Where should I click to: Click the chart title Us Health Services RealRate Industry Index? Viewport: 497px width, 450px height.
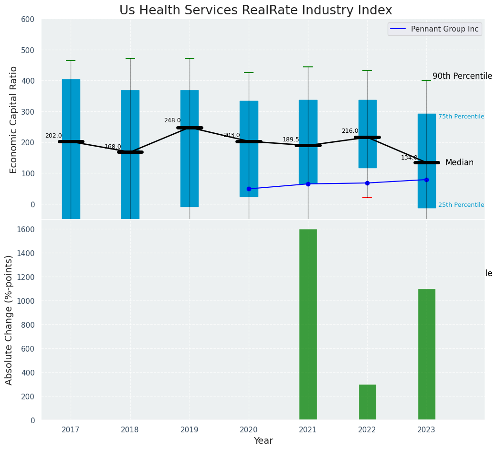coord(255,11)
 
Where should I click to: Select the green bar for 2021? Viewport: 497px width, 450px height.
coord(308,324)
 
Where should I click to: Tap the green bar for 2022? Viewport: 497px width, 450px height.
coord(367,402)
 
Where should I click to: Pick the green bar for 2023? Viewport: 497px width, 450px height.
coord(426,354)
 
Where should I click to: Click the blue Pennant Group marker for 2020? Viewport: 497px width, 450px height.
coord(249,189)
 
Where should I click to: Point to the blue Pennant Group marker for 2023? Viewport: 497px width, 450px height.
coord(426,180)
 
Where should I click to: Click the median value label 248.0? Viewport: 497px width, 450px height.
coord(172,120)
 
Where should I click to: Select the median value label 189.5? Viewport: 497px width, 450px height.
coord(291,139)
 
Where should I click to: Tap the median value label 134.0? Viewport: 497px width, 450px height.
coord(409,158)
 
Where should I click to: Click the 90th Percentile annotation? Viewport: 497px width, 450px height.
coord(462,76)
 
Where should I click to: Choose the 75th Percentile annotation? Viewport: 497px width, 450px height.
coord(461,117)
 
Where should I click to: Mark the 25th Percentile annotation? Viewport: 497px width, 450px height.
coord(461,205)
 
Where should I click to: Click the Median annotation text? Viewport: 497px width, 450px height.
coord(459,163)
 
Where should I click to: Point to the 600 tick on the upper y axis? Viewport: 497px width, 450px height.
coord(28,19)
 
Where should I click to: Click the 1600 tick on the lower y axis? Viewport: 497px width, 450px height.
coord(26,229)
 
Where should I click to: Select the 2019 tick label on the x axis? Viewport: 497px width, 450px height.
coord(190,430)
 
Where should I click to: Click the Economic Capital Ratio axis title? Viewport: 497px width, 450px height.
coord(13,119)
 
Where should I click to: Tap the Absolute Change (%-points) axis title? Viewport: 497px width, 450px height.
coord(9,320)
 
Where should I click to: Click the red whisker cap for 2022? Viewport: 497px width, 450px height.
coord(367,197)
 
